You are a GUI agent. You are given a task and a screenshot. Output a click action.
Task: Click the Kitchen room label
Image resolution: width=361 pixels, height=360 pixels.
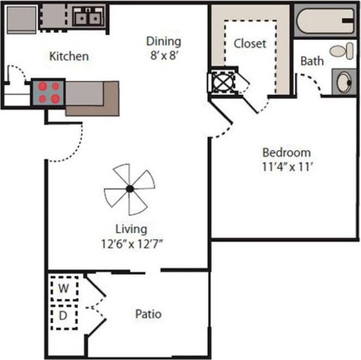[69, 56]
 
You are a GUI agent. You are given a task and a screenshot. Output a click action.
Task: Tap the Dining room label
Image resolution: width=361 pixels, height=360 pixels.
[163, 41]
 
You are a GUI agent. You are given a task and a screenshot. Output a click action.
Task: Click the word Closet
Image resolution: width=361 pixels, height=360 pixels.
[250, 44]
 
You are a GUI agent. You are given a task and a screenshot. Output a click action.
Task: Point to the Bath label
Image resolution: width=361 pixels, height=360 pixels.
[312, 61]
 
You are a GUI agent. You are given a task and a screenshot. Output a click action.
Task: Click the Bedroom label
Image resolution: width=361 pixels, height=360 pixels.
[286, 153]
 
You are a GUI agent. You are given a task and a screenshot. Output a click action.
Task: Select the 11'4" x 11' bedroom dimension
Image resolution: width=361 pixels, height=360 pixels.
[286, 166]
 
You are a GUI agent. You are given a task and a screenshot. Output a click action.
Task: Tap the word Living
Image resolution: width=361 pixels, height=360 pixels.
[130, 229]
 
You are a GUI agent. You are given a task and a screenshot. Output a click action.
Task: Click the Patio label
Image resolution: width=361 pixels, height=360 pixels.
[148, 314]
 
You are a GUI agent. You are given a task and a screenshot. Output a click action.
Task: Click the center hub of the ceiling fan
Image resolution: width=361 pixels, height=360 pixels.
[129, 189]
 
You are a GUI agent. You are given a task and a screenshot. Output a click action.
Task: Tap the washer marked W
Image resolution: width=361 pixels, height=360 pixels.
[64, 288]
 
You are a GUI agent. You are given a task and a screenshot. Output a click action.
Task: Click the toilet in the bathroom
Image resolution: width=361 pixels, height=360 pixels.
[341, 51]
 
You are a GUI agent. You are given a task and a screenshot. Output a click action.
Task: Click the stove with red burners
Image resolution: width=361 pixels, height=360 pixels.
[49, 92]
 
